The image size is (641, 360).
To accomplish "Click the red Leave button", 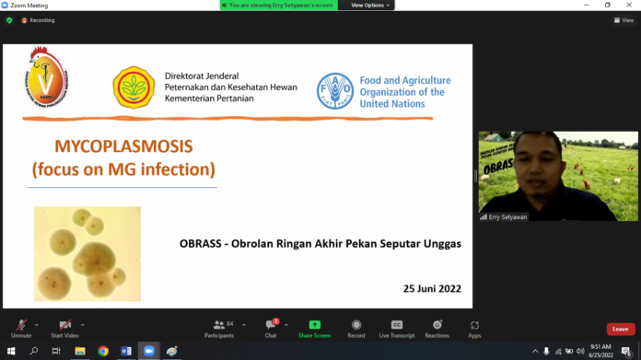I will (x=621, y=329).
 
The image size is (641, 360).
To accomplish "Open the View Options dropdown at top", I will (x=370, y=5).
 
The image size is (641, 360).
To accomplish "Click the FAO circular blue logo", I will (x=334, y=91).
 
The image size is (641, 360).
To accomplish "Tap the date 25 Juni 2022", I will (x=432, y=288).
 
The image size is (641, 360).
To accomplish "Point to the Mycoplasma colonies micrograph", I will (x=87, y=253).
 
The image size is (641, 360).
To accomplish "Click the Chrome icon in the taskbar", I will (x=103, y=351).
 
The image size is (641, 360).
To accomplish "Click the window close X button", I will (x=630, y=5).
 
